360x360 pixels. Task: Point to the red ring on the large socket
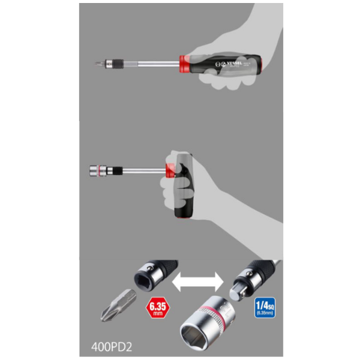[x=223, y=313]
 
